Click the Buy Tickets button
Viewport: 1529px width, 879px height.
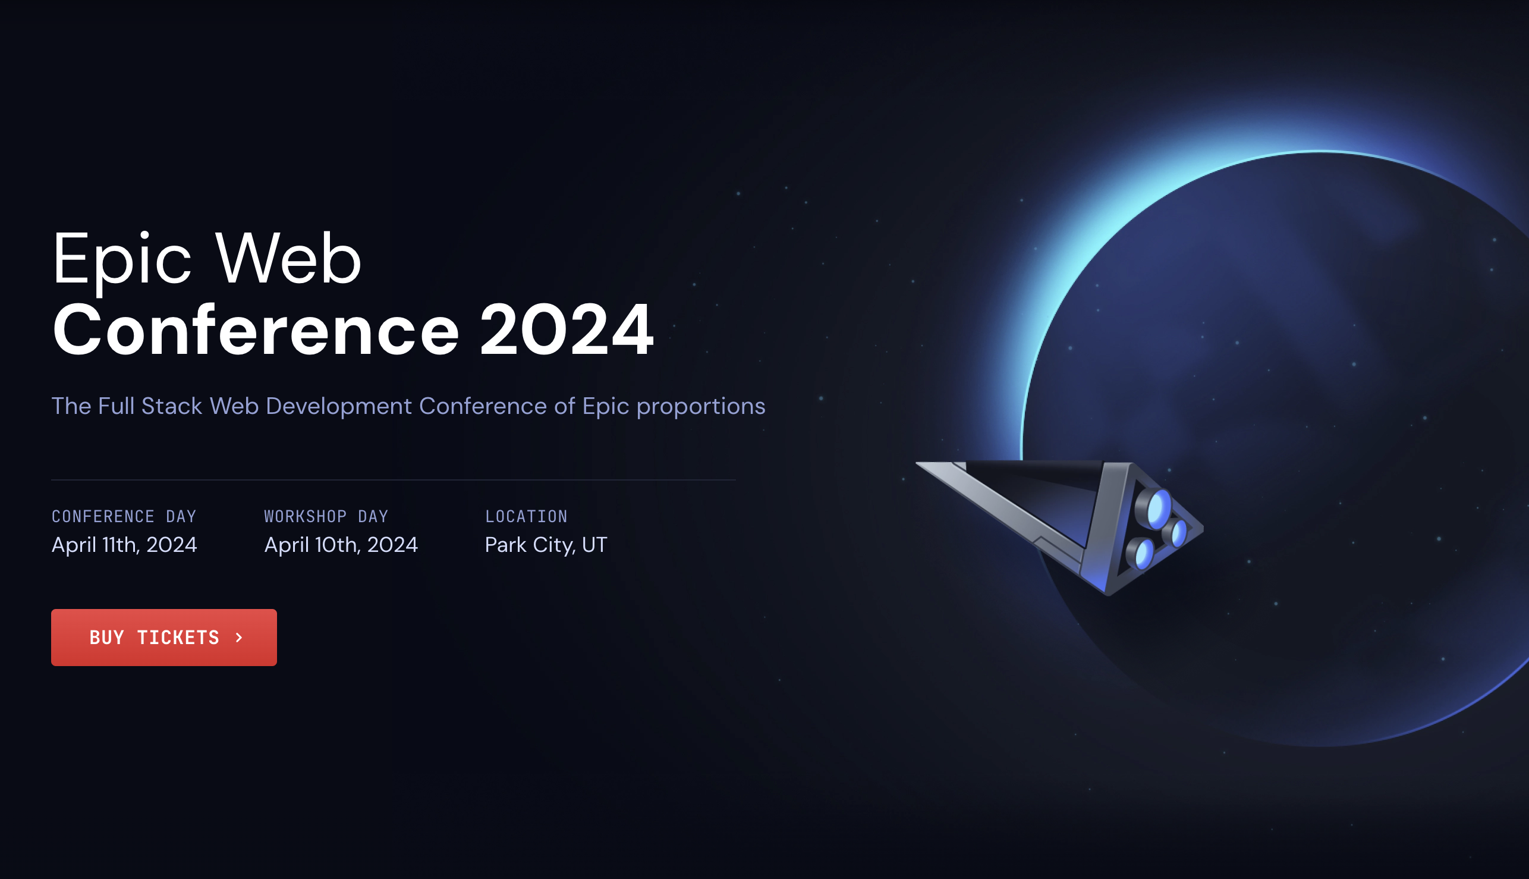point(163,638)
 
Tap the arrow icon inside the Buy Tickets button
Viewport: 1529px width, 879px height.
point(240,638)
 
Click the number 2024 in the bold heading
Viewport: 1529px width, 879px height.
point(566,331)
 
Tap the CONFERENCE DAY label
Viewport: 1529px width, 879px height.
point(124,517)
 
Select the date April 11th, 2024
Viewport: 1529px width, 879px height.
point(124,545)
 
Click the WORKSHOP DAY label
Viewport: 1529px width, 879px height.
point(326,517)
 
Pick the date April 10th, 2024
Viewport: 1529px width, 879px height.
point(341,545)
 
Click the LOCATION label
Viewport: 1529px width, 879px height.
point(526,517)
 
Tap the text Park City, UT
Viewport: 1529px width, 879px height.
point(546,545)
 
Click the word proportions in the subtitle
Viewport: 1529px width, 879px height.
point(700,407)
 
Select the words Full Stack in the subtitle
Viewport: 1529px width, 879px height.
point(150,406)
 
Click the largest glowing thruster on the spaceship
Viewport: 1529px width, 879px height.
point(1156,509)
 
